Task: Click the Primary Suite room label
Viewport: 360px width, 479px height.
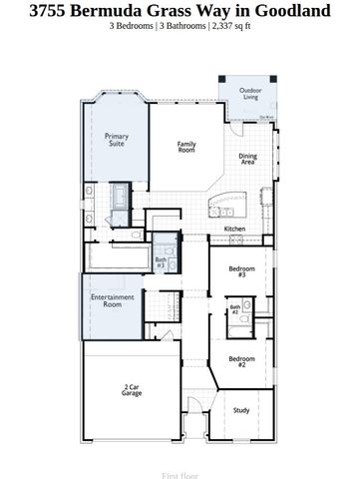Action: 117,140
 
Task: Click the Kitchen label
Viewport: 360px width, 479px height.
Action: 234,229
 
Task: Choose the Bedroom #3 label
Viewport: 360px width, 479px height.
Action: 242,271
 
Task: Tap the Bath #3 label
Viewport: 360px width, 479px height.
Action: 161,262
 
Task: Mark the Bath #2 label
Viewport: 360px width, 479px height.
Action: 235,309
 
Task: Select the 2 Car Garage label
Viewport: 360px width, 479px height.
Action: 132,390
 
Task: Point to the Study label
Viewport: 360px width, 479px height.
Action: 241,409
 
